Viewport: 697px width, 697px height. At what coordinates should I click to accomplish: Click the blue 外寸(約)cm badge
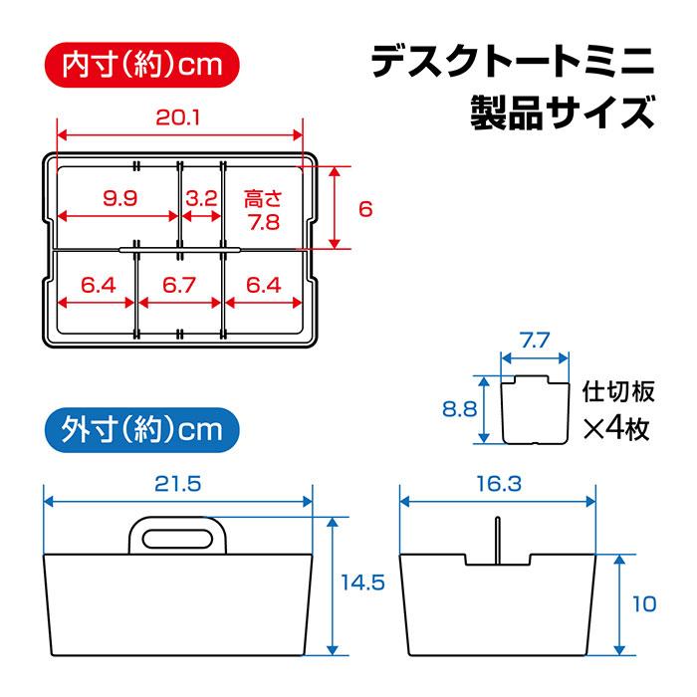143,430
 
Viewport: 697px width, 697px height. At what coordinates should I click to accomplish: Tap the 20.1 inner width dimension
178,118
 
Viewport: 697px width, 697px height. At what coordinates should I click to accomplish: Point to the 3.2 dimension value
201,198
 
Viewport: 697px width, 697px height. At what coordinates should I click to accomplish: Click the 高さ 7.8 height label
264,210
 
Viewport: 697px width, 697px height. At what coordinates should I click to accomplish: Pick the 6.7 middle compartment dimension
178,286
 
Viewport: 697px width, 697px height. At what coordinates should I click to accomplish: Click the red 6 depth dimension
365,209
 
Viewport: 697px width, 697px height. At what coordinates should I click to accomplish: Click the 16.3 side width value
498,484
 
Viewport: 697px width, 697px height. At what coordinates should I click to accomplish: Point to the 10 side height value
644,603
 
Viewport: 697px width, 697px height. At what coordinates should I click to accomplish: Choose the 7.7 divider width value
536,342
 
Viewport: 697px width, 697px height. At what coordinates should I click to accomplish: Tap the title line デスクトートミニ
513,62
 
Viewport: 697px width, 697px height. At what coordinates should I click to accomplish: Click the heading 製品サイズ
563,112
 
